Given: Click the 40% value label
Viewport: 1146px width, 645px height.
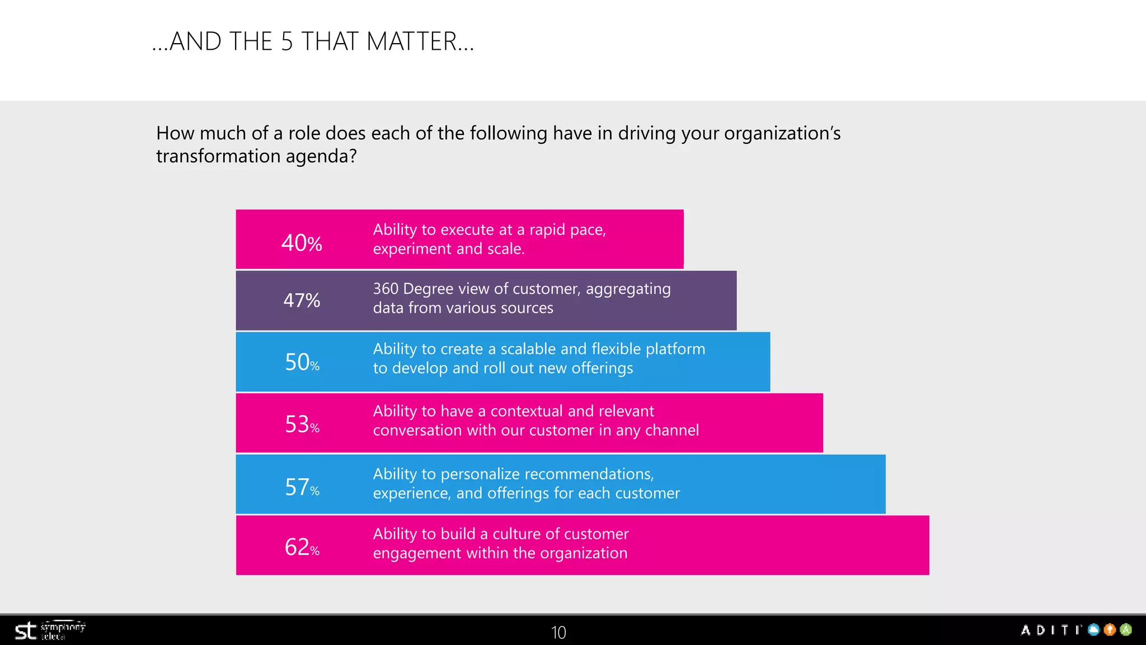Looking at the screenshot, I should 302,243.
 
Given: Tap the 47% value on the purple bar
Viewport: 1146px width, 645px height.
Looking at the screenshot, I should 302,301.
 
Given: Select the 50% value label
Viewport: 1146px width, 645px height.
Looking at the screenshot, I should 302,362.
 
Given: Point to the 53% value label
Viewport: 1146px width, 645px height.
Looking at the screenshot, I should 302,424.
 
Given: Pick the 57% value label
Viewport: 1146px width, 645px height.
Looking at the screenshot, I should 302,487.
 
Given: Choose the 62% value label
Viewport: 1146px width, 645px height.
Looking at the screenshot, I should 302,547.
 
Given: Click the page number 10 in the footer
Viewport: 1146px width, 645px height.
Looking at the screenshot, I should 558,632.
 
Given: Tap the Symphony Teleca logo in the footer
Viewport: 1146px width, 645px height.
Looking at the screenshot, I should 50,631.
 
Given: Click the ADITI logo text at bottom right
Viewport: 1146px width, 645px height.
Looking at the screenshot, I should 1051,630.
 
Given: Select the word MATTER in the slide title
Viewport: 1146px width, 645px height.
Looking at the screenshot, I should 420,42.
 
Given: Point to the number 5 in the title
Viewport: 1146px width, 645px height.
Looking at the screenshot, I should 287,42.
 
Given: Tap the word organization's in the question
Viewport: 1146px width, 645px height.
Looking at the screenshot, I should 782,134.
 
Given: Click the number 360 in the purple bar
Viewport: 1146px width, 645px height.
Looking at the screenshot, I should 386,289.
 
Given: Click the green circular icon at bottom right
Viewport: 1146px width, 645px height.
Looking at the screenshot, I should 1126,630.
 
